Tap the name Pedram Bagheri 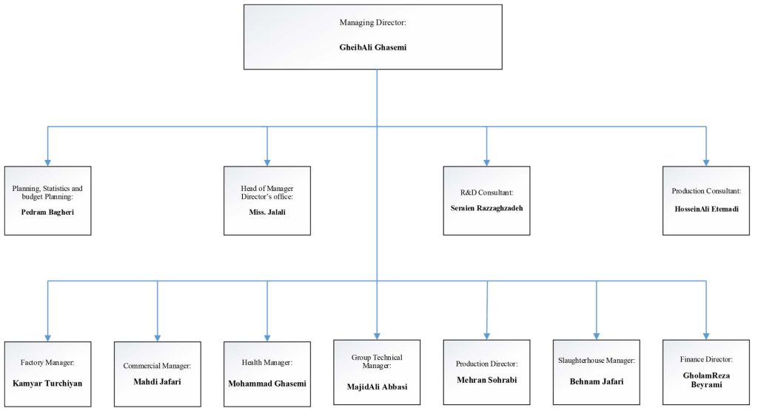point(47,213)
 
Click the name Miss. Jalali point(267,213)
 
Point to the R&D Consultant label point(486,191)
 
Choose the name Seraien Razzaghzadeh point(486,208)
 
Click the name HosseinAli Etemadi point(705,209)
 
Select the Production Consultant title point(705,191)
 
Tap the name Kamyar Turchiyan point(47,383)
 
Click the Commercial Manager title point(157,366)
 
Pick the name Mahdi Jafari point(157,382)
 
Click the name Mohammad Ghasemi point(267,383)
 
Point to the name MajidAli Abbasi point(377,387)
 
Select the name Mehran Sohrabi point(486,380)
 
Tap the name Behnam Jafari point(596,381)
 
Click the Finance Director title point(705,359)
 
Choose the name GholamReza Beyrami point(705,381)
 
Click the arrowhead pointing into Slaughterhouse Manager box point(596,335)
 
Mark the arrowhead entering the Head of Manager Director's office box point(267,161)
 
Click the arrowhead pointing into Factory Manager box point(48,336)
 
